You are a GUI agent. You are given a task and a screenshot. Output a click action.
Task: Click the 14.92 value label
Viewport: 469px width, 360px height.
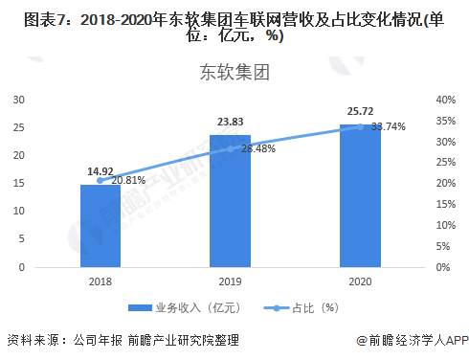(100, 172)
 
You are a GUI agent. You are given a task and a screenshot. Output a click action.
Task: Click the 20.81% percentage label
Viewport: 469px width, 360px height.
(128, 180)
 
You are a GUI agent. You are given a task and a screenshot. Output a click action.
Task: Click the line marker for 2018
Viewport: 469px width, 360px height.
(100, 180)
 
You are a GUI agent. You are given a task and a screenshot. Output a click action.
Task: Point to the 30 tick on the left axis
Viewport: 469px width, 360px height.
(18, 100)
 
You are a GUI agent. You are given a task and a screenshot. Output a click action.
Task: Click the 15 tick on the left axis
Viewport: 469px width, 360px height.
(18, 183)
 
